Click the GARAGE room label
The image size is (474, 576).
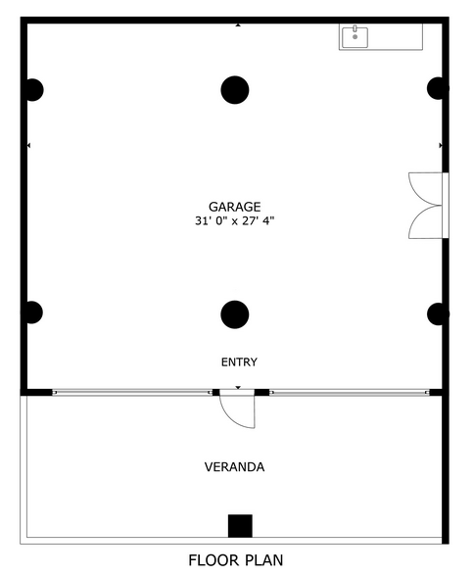(x=235, y=207)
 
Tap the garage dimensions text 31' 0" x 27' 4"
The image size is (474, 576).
(x=235, y=220)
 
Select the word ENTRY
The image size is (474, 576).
(x=239, y=362)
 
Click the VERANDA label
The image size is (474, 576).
(x=234, y=467)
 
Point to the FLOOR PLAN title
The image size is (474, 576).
(x=236, y=560)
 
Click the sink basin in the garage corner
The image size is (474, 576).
(x=355, y=37)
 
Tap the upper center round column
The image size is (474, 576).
(x=235, y=90)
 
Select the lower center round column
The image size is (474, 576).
(x=235, y=314)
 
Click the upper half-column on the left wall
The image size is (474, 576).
(x=33, y=90)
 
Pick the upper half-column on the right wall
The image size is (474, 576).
(x=437, y=88)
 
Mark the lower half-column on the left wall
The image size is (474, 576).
(x=33, y=312)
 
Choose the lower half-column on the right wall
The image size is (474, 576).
(x=437, y=314)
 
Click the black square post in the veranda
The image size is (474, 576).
(x=240, y=526)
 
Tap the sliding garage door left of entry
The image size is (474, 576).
(x=132, y=393)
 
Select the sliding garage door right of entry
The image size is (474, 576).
(x=350, y=393)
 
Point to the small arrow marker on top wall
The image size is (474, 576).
(x=238, y=25)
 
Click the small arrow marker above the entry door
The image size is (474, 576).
(x=238, y=388)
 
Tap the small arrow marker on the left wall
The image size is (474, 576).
(x=28, y=145)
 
